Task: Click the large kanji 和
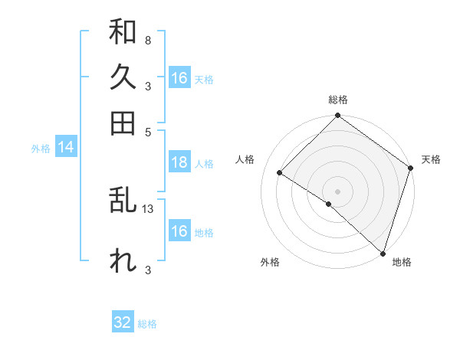click(123, 32)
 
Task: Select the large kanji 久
click(123, 77)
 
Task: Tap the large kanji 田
click(123, 123)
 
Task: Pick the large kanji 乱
click(123, 201)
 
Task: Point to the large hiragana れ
click(123, 260)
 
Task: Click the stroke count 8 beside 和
click(147, 40)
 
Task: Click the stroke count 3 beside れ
click(147, 269)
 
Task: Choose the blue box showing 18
click(179, 162)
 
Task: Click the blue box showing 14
click(65, 148)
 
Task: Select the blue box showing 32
click(123, 322)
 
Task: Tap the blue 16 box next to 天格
click(179, 78)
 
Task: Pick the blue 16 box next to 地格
click(179, 231)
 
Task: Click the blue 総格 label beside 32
click(147, 324)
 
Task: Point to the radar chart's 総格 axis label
click(338, 100)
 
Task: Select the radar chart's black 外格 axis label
click(270, 262)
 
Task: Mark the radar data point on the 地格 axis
click(383, 253)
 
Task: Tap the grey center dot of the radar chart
click(337, 191)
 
